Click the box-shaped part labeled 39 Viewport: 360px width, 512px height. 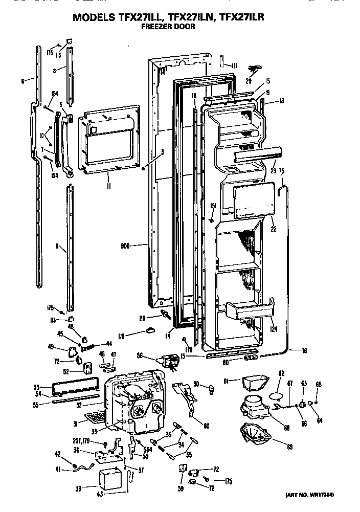click(x=110, y=479)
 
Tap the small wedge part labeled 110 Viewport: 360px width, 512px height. click(x=150, y=330)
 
